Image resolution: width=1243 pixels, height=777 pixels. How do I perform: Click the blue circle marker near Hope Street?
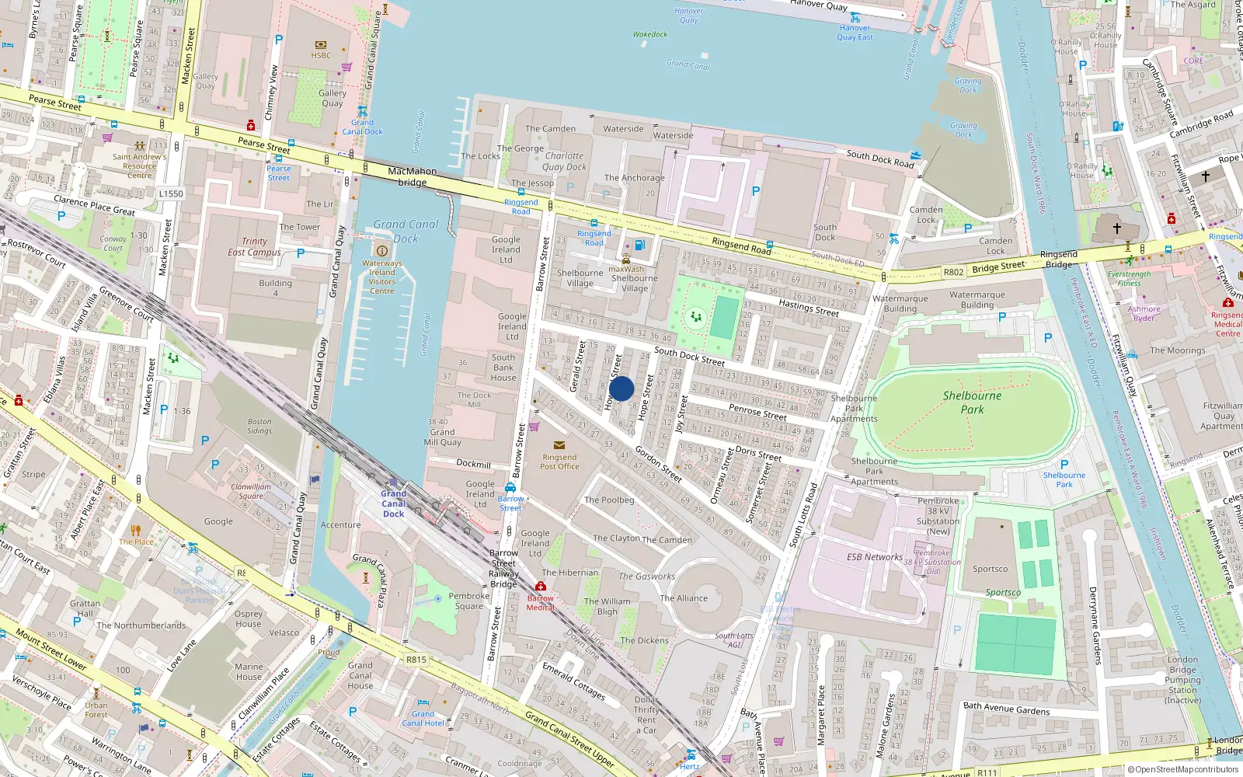coord(621,388)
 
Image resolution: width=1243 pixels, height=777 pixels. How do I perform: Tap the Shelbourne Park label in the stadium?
coord(972,402)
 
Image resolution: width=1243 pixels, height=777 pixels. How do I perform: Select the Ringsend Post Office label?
coord(559,462)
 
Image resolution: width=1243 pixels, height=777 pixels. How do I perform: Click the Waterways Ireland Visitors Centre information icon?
coord(381,250)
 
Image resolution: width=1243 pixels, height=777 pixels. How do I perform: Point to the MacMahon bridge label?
coord(412,176)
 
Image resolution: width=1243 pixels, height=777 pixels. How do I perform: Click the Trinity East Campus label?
coord(254,246)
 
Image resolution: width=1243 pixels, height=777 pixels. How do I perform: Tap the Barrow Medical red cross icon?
coord(541,586)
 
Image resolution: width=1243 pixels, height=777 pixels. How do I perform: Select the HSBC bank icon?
coord(321,44)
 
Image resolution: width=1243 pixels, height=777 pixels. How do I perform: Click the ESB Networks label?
coord(874,557)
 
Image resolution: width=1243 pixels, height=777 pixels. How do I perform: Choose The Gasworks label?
coord(646,577)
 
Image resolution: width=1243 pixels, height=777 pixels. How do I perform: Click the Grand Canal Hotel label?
coord(423,718)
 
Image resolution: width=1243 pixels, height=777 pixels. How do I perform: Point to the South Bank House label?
coord(503,368)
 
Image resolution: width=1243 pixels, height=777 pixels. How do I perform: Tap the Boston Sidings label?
coord(259,426)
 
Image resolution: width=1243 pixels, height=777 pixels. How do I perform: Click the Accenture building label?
coord(340,525)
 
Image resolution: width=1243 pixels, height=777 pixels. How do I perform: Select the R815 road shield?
coord(416,660)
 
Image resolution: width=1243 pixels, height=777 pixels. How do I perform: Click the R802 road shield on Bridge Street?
coord(953,272)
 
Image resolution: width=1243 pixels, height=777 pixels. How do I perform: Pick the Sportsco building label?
coord(990,569)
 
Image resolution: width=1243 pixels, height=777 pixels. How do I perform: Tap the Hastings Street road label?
coord(809,308)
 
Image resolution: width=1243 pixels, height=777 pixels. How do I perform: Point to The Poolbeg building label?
coord(609,500)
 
